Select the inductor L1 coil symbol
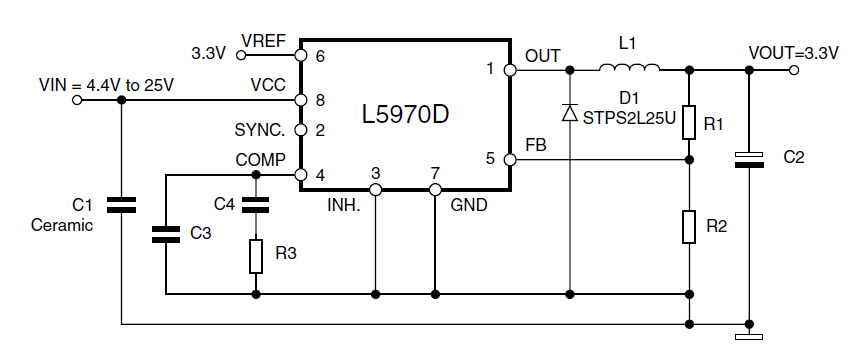coord(629,69)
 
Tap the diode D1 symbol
coord(570,113)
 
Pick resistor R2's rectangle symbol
coord(690,227)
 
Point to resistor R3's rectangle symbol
coord(256,256)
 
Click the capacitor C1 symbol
coord(121,206)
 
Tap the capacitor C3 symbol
coord(165,235)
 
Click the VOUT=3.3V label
coord(793,53)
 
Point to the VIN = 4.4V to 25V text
coord(106,85)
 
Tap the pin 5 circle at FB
coord(510,158)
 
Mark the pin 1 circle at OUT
coord(510,70)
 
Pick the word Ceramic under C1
coord(62,225)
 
